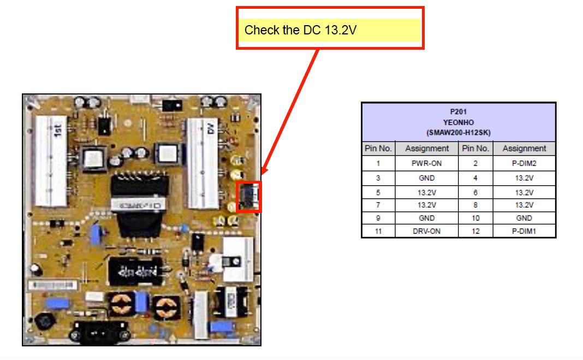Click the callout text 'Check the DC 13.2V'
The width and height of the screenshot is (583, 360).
tap(300, 30)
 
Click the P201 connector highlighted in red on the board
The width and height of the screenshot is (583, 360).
tap(249, 196)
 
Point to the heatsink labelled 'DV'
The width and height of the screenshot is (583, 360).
tap(203, 161)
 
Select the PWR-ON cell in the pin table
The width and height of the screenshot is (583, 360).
tap(427, 163)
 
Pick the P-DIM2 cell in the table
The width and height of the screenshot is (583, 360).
tap(524, 163)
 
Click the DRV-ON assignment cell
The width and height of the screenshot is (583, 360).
tap(427, 231)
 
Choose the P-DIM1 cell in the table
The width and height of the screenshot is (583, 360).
tap(524, 231)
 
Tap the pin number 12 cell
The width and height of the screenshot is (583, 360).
tap(475, 231)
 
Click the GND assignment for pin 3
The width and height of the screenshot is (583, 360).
tap(427, 178)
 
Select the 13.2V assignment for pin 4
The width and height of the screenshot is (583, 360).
tap(524, 178)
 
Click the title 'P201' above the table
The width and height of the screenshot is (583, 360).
tap(459, 111)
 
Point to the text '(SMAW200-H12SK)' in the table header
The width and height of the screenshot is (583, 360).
tap(459, 133)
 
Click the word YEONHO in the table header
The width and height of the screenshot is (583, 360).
tap(459, 122)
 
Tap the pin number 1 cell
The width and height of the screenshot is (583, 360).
tap(378, 163)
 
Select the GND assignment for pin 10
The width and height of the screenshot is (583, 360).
tap(524, 218)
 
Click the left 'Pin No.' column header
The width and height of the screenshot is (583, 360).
tap(378, 149)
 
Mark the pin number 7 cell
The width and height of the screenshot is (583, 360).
tap(378, 205)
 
